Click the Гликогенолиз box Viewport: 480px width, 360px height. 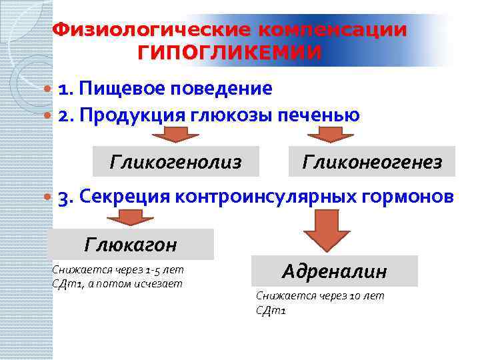176,161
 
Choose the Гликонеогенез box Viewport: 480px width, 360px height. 372,161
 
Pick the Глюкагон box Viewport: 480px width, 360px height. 131,245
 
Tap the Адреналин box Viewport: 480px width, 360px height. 334,271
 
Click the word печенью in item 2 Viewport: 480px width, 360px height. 323,115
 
